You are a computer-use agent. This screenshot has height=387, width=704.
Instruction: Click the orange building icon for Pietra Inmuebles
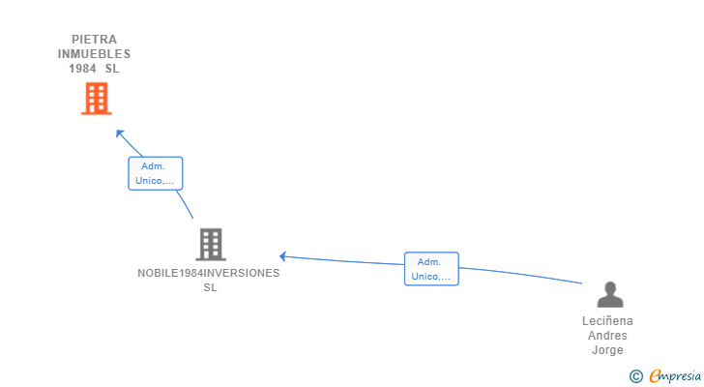96,99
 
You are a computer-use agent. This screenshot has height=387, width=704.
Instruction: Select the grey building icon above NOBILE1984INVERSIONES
210,245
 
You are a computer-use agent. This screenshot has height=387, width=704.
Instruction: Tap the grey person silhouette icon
609,294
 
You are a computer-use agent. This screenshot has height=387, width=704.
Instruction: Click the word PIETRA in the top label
94,40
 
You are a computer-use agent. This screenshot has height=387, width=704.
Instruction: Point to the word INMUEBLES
94,54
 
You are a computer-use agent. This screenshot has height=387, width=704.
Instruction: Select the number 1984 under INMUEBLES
83,69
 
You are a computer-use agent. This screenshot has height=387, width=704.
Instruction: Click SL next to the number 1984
112,69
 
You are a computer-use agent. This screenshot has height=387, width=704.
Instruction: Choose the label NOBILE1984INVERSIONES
209,273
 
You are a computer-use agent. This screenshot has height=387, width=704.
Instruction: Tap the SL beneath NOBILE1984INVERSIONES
210,287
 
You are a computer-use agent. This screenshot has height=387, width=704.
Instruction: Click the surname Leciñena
608,321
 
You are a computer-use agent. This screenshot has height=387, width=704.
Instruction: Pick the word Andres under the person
608,336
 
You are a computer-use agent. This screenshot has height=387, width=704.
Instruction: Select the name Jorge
608,350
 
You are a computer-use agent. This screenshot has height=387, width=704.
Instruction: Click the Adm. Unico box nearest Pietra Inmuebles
155,173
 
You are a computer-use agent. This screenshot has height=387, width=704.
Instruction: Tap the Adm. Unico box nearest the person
430,269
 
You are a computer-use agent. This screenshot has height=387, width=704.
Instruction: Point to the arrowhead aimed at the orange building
119,133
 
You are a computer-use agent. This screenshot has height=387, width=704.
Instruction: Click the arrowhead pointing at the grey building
283,256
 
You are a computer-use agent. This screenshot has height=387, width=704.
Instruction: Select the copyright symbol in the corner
635,376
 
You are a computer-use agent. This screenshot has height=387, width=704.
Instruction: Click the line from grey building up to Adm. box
186,204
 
